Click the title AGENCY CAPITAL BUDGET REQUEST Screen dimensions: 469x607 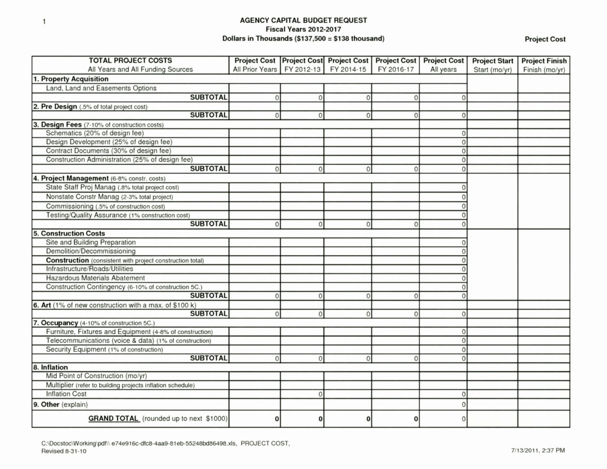pos(303,20)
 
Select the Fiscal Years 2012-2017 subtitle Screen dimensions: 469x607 pos(303,29)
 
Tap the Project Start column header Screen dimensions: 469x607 pos(492,61)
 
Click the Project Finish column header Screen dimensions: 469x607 pos(544,61)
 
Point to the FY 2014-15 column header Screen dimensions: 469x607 pos(348,70)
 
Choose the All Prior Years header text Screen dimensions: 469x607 pos(255,70)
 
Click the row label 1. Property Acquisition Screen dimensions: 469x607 pos(71,79)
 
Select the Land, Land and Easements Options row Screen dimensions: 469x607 pos(101,88)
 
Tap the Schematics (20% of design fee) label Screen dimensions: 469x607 pos(95,133)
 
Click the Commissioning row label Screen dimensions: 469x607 pos(105,206)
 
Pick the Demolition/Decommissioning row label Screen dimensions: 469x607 pos(90,251)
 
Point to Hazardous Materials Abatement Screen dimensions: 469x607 pos(95,278)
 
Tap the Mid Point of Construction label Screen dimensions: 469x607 pos(96,376)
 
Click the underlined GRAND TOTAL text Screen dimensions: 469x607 pos(113,418)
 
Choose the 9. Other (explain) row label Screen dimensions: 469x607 pos(60,404)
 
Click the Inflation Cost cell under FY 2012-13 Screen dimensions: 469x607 pos(302,394)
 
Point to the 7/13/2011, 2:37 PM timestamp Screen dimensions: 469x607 pos(538,451)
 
